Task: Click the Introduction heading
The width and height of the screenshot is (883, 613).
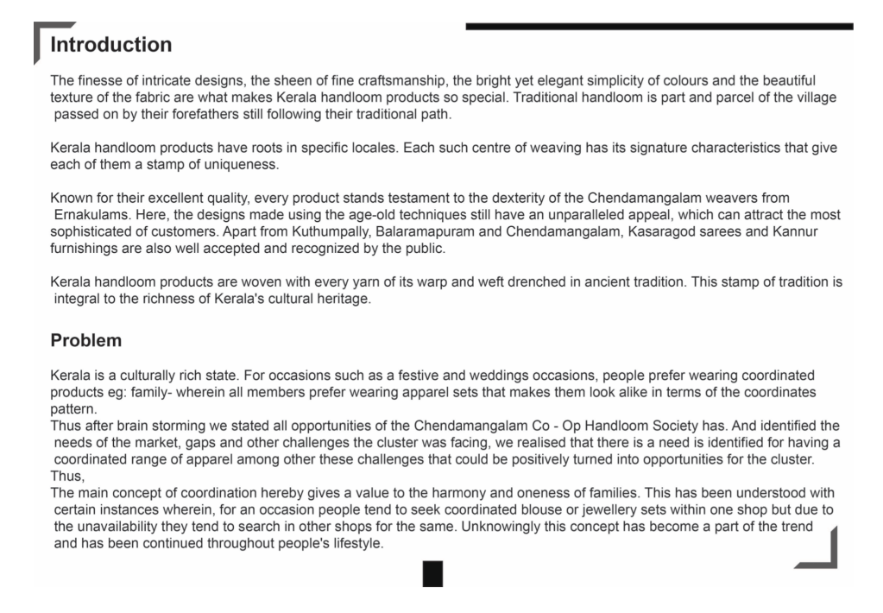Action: point(111,44)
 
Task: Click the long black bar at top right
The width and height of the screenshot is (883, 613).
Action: point(659,27)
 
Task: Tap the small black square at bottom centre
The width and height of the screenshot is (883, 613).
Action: point(432,573)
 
